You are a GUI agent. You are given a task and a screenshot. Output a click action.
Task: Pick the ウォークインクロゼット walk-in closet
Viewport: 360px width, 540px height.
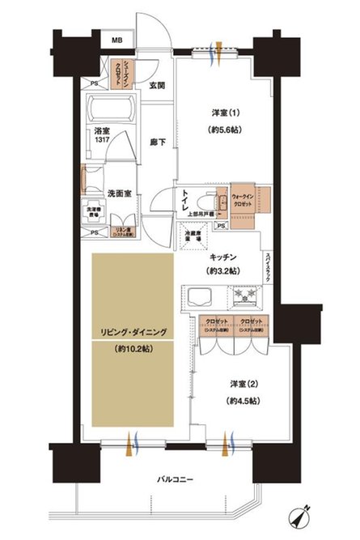click(244, 198)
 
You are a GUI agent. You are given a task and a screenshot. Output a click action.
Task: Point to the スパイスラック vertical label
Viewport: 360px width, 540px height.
click(268, 267)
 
